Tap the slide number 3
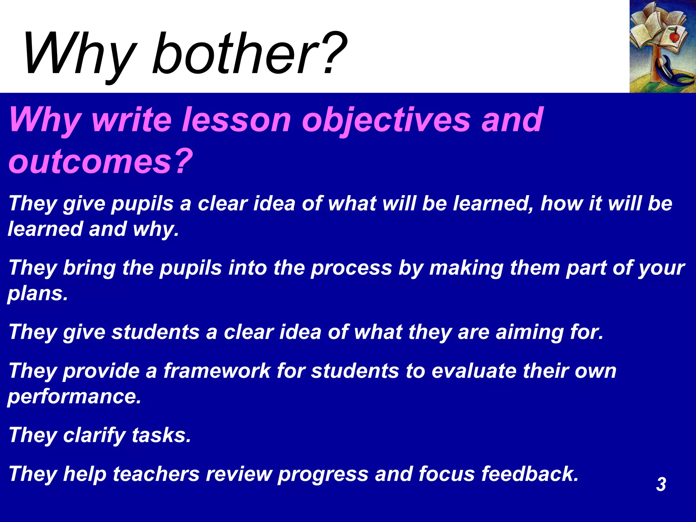(x=661, y=484)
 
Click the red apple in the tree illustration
(x=674, y=36)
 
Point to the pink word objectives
(x=386, y=120)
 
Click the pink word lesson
(x=237, y=120)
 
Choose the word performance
(x=74, y=396)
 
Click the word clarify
(x=94, y=435)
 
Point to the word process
(x=351, y=268)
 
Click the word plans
(x=38, y=294)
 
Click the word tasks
(x=161, y=435)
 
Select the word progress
(x=323, y=474)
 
